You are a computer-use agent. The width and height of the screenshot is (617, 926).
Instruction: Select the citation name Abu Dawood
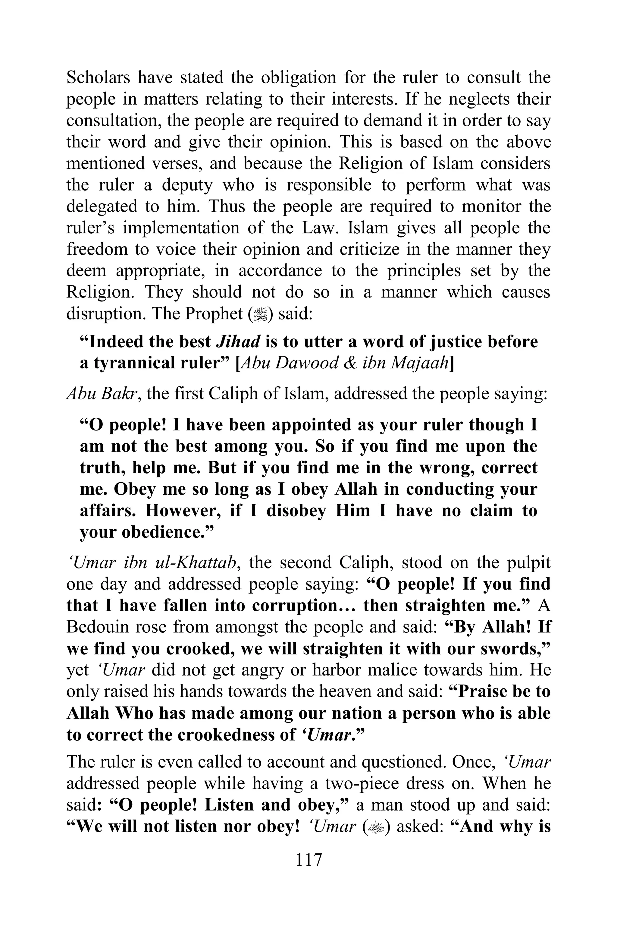point(289,363)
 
